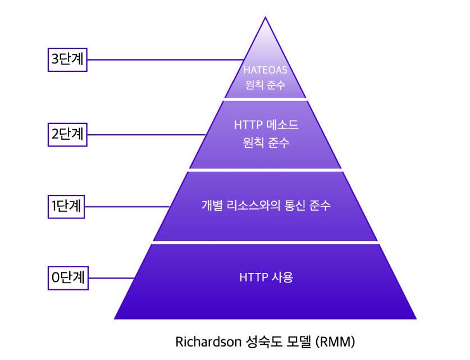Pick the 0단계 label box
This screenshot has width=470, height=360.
pos(68,277)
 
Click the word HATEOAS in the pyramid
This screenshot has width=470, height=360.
pos(266,70)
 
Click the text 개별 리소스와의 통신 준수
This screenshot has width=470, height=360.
pos(266,206)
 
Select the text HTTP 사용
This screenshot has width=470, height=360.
pos(266,277)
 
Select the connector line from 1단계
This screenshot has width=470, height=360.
pos(127,206)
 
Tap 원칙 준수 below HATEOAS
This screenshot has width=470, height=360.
pos(266,86)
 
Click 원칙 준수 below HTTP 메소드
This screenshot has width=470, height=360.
pos(266,143)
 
